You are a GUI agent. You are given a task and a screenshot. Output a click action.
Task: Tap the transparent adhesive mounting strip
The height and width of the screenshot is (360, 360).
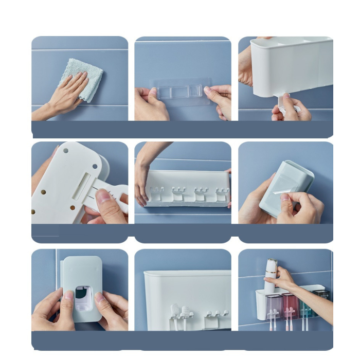point(179,91)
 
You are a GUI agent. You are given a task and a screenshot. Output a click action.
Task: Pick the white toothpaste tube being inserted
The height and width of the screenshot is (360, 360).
point(271,275)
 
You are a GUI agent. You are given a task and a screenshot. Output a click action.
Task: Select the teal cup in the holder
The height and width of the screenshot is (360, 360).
point(307,307)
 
